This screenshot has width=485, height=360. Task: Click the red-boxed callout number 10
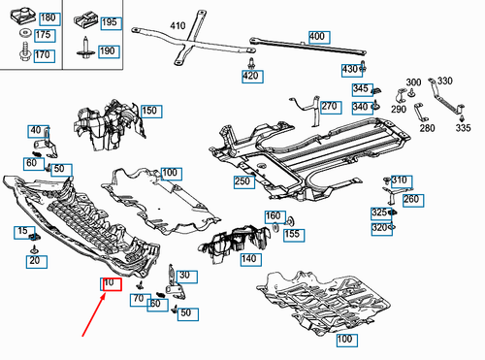pyautogui.click(x=111, y=284)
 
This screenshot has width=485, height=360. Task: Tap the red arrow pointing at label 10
pyautogui.click(x=94, y=314)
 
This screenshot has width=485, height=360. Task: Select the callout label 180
pyautogui.click(x=49, y=18)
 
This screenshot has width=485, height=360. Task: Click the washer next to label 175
pyautogui.click(x=25, y=33)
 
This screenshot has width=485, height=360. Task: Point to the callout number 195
pyautogui.click(x=111, y=23)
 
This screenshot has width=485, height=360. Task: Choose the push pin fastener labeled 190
pyautogui.click(x=85, y=49)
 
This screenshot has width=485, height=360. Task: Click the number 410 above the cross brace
pyautogui.click(x=178, y=25)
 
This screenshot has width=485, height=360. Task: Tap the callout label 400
pyautogui.click(x=319, y=37)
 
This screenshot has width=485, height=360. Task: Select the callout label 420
pyautogui.click(x=252, y=77)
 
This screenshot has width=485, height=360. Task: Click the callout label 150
pyautogui.click(x=151, y=112)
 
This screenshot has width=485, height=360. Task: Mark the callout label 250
pyautogui.click(x=244, y=182)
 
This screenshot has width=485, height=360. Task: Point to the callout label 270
pyautogui.click(x=331, y=107)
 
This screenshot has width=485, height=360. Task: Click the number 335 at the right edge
pyautogui.click(x=463, y=128)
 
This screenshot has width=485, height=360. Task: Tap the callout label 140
pyautogui.click(x=251, y=260)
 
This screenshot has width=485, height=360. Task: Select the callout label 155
pyautogui.click(x=294, y=235)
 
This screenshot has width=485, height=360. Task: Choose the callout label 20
pyautogui.click(x=37, y=261)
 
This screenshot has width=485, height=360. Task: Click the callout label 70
pyautogui.click(x=141, y=300)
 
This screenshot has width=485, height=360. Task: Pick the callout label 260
pyautogui.click(x=413, y=200)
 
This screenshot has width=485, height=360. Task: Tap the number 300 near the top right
pyautogui.click(x=413, y=82)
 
